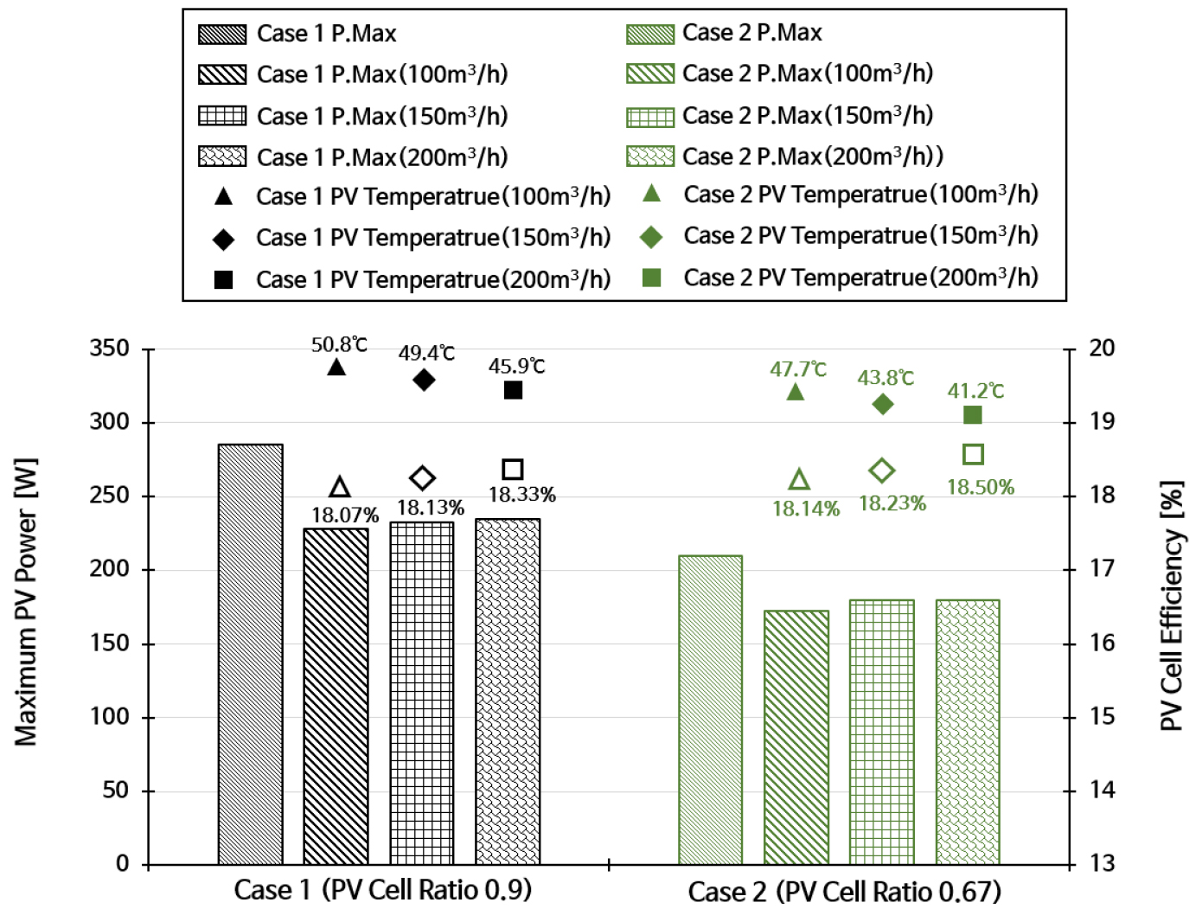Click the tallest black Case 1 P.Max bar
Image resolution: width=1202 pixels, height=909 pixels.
[x=250, y=654]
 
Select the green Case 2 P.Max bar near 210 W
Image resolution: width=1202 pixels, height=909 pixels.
[x=710, y=709]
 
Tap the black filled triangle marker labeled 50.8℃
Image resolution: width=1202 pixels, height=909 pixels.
[x=336, y=367]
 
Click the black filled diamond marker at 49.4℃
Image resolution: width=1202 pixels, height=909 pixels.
[x=424, y=380]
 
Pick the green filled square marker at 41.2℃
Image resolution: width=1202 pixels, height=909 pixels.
[x=973, y=415]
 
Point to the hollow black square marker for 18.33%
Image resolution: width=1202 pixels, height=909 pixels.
[x=513, y=470]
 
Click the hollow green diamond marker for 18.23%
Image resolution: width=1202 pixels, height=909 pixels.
[x=882, y=471]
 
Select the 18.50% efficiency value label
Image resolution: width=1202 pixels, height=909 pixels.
[x=981, y=487]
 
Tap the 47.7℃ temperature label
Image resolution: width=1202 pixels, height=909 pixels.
[x=798, y=369]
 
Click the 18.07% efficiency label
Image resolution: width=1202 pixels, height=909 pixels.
[x=345, y=515]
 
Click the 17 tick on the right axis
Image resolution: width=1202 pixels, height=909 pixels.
[x=1101, y=569]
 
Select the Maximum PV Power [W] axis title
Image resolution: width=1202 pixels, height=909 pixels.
[x=26, y=602]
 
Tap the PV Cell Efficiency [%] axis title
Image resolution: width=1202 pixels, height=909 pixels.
[x=1171, y=605]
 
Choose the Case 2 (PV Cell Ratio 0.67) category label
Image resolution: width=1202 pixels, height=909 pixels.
[x=844, y=891]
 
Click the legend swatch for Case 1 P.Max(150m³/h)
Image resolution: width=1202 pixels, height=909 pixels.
[x=222, y=116]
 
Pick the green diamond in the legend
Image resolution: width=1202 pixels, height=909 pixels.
[x=651, y=237]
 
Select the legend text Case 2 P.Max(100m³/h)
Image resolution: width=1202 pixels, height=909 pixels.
[x=808, y=74]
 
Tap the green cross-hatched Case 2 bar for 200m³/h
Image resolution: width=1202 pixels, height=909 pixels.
[x=968, y=732]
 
